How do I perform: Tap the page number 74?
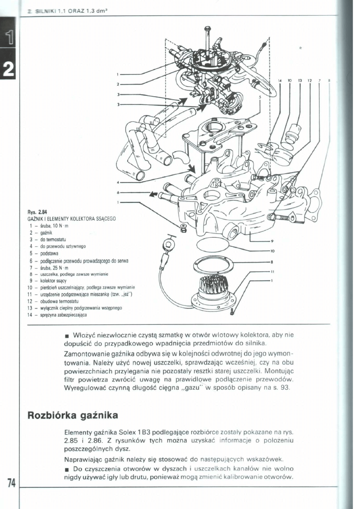point(10,482)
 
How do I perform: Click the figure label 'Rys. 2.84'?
point(33,213)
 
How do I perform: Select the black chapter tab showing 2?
point(8,68)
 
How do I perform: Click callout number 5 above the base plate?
point(260,97)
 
